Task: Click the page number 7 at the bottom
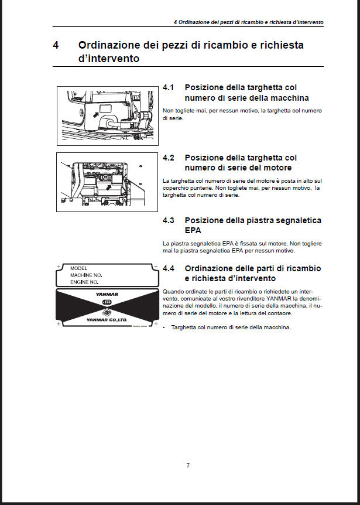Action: (x=187, y=465)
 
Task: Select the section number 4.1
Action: (x=169, y=88)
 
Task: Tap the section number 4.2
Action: (x=169, y=158)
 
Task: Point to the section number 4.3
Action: (x=169, y=221)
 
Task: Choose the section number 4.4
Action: (x=169, y=268)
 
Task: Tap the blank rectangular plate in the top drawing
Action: (x=105, y=109)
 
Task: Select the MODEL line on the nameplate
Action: (x=78, y=268)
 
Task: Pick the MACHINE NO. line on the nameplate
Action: (x=86, y=275)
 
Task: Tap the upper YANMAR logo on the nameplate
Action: (x=107, y=294)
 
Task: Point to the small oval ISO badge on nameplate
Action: (x=107, y=302)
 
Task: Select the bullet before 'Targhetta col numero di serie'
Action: (x=164, y=327)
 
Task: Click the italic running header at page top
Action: (x=249, y=22)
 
